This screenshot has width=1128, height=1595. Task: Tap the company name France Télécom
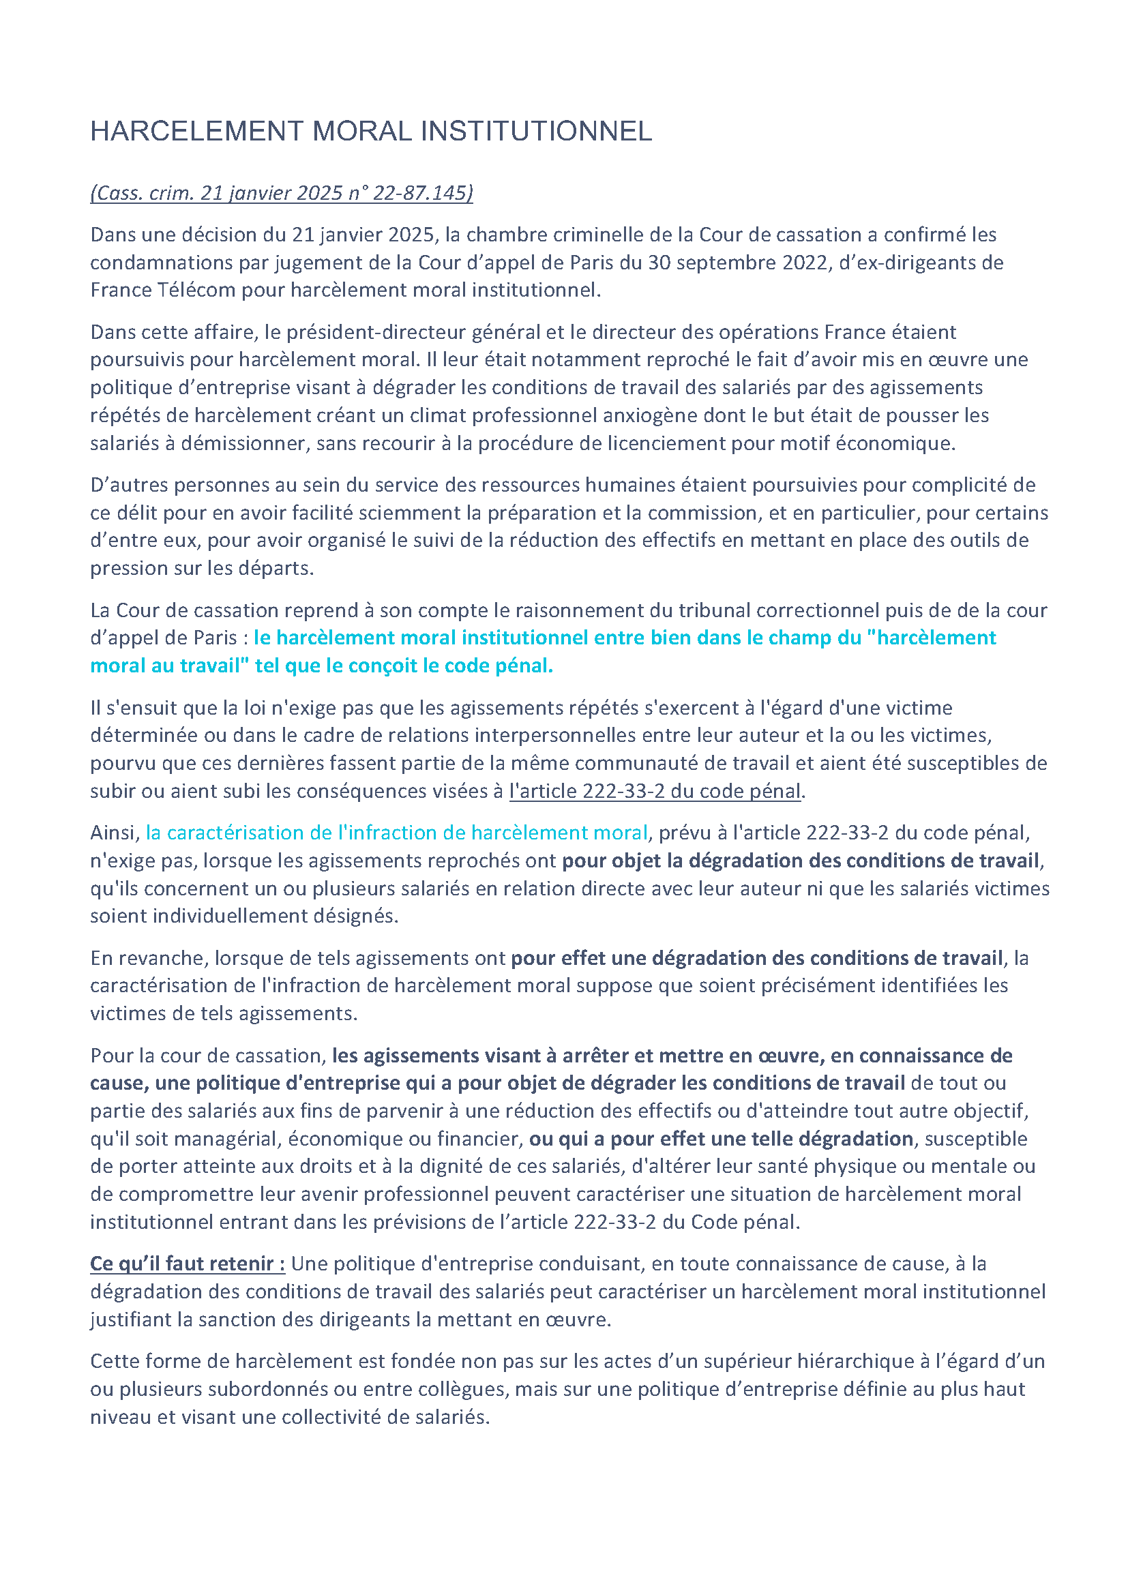(x=163, y=290)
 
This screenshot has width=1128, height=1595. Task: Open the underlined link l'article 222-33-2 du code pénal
(x=655, y=791)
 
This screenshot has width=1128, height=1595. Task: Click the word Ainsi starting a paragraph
(x=115, y=833)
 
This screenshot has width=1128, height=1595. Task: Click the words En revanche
(x=149, y=958)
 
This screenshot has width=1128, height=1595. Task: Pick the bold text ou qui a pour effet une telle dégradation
(x=721, y=1139)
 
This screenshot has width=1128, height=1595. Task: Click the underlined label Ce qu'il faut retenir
(x=187, y=1264)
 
